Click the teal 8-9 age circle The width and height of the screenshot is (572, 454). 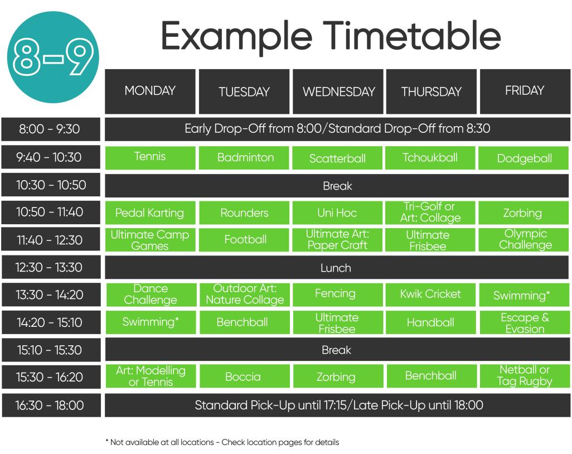point(53,57)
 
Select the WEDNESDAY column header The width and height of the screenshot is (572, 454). point(338,91)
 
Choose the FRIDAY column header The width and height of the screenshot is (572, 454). point(525,91)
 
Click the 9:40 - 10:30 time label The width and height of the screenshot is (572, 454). point(51,157)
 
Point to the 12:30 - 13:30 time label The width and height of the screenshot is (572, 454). point(51,267)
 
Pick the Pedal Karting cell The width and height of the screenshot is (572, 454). point(151,212)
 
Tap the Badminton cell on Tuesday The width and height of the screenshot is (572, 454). point(244,158)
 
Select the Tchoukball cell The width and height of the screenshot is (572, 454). point(430,158)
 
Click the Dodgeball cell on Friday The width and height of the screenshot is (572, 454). point(523,158)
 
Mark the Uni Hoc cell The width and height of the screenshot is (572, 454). point(337,212)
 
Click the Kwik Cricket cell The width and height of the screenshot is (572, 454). point(431,294)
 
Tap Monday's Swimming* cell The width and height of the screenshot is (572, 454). point(151,322)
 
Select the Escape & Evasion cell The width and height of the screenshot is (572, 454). point(525,322)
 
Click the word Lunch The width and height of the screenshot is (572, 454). point(336,268)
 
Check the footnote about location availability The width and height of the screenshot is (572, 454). point(222,442)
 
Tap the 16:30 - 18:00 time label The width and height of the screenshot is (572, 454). point(51,405)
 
